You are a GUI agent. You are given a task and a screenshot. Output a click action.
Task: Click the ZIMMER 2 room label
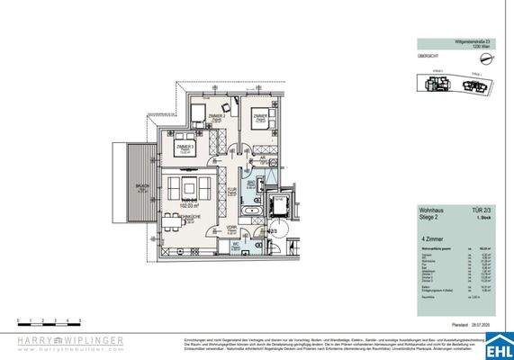point(215,117)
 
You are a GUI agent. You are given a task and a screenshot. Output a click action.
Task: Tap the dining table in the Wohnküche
point(185,190)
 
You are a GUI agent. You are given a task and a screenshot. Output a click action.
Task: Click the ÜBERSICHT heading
point(428,55)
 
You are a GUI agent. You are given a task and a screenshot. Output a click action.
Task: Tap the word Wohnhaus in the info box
point(432,210)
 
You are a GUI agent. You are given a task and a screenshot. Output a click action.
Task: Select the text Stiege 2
point(430,217)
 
